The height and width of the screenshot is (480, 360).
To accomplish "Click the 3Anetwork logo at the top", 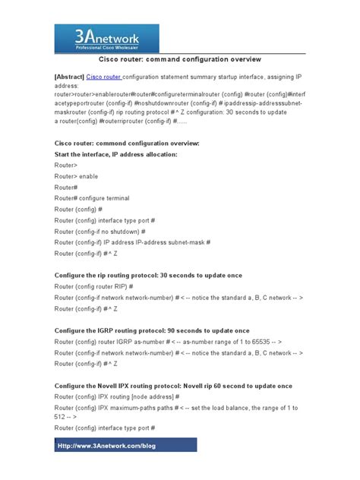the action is click(106, 37).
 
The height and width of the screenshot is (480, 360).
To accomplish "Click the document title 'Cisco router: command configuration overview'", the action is click(180, 58).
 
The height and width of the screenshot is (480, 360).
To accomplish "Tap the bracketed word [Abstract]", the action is click(69, 77).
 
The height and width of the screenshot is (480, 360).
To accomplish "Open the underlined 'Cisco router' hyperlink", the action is click(104, 77).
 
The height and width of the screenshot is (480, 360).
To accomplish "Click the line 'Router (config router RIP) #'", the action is click(93, 286).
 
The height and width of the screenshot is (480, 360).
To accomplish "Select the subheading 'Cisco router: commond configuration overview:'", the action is click(127, 143).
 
